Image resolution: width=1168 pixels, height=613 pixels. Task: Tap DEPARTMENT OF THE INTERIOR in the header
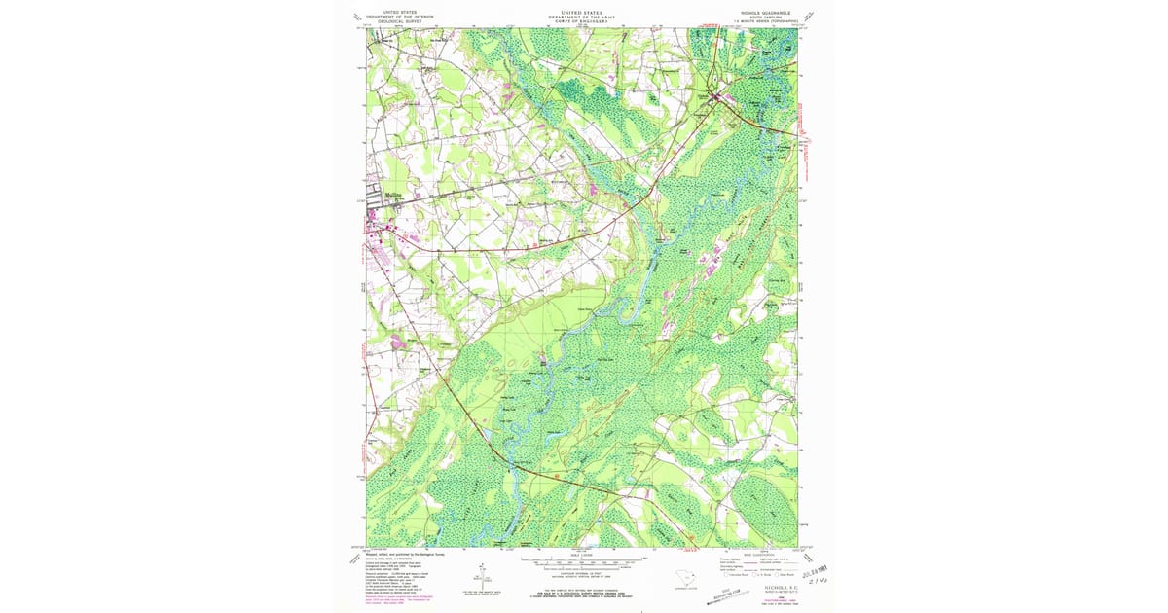pos(405,17)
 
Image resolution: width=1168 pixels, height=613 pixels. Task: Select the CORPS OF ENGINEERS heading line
pos(583,21)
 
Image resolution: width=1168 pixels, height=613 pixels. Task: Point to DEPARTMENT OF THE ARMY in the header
pos(583,17)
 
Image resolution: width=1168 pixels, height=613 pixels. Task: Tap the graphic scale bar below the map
pos(583,562)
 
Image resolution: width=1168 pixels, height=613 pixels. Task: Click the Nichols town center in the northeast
pos(720,96)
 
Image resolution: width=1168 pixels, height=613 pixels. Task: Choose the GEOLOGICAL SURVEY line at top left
pos(405,21)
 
